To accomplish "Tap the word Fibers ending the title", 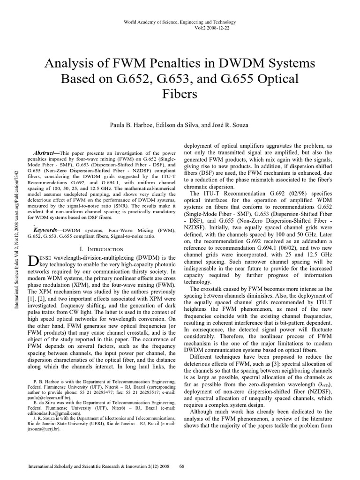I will tap(180, 94).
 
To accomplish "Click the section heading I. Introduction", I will tap(102, 249).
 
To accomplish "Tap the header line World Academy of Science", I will tap(180, 22).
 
